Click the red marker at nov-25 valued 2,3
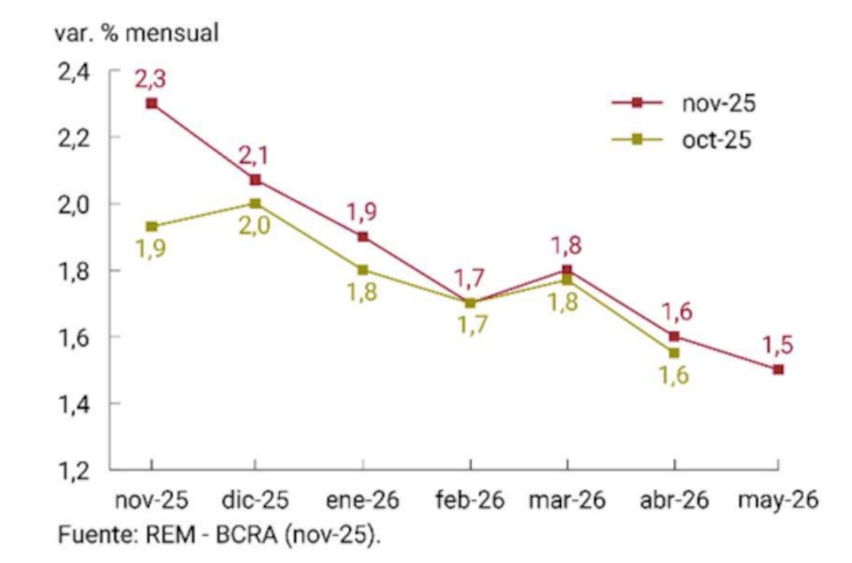pyautogui.click(x=151, y=103)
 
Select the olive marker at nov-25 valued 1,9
pyautogui.click(x=151, y=226)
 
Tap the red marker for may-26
pyautogui.click(x=778, y=369)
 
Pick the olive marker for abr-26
pyautogui.click(x=673, y=353)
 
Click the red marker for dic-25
pyautogui.click(x=255, y=180)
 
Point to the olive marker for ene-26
pyautogui.click(x=362, y=269)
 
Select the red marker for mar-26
pyautogui.click(x=567, y=269)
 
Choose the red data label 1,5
pyautogui.click(x=778, y=346)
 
